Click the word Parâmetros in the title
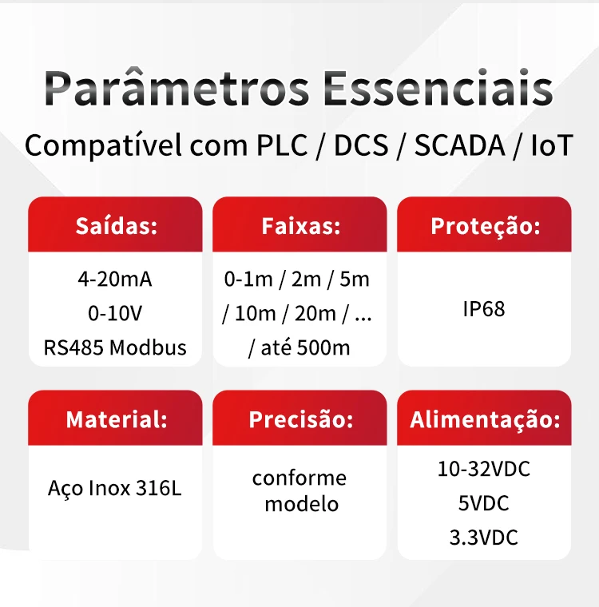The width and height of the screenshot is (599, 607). pyautogui.click(x=177, y=88)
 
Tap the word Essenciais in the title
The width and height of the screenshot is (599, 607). pyautogui.click(x=438, y=88)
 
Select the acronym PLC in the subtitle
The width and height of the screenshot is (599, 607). pyautogui.click(x=282, y=145)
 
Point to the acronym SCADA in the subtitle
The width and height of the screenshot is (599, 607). pyautogui.click(x=459, y=145)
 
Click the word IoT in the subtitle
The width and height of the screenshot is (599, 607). pyautogui.click(x=552, y=145)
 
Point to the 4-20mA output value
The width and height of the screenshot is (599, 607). pyautogui.click(x=115, y=279)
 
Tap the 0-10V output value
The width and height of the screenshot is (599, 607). pyautogui.click(x=115, y=313)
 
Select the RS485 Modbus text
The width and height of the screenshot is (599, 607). pyautogui.click(x=115, y=347)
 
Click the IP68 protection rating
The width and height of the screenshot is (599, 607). pyautogui.click(x=484, y=309)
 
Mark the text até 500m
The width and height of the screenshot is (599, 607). pyautogui.click(x=306, y=347)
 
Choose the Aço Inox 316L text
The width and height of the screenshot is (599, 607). pyautogui.click(x=115, y=488)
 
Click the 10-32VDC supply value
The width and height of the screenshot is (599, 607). pyautogui.click(x=484, y=469)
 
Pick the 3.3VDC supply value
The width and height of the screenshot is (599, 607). pyautogui.click(x=484, y=538)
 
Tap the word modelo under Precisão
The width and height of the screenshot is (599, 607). pyautogui.click(x=302, y=504)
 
